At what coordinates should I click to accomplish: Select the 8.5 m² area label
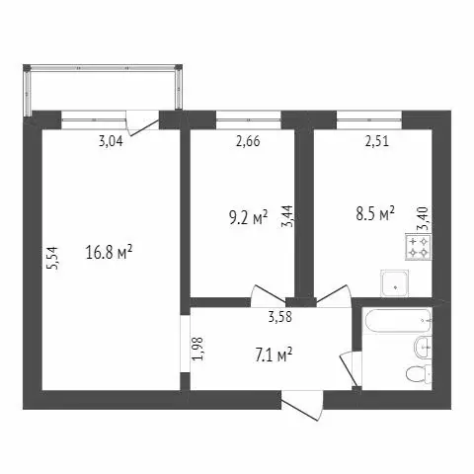pos(374,212)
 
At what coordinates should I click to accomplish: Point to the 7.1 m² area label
pos(270,353)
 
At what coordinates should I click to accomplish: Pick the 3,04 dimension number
pos(112,141)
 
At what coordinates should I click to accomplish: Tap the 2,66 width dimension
pos(250,141)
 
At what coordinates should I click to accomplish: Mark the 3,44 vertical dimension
pos(288,214)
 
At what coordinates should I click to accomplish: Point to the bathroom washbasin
pos(423,346)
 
